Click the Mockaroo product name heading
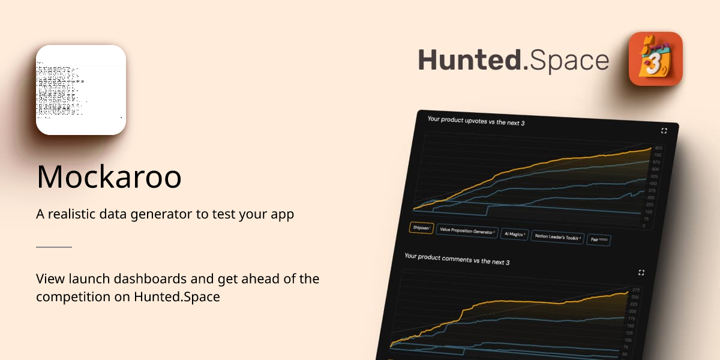coord(109,176)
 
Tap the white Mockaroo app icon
coord(81,90)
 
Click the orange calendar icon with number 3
coord(655,59)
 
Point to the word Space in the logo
coord(570,61)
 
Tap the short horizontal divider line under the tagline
coord(54,247)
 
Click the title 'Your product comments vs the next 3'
coord(457,260)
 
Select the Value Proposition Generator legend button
coord(467,231)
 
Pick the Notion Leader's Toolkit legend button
coord(557,237)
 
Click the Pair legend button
coord(599,239)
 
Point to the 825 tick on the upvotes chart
coord(658,148)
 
